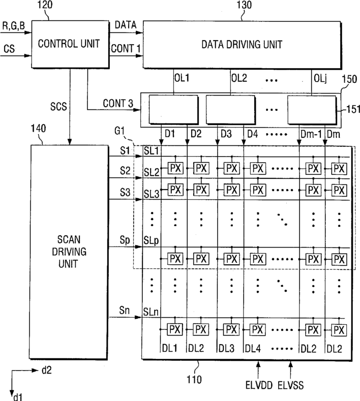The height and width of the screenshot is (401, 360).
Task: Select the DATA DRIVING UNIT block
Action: click(x=242, y=45)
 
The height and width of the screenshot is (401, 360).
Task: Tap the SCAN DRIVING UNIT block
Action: click(x=69, y=252)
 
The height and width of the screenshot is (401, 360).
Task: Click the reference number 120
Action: click(x=45, y=5)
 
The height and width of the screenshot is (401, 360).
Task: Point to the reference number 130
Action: click(x=244, y=5)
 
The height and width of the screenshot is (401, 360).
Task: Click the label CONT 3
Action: click(x=118, y=103)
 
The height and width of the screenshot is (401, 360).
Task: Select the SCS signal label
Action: click(x=58, y=106)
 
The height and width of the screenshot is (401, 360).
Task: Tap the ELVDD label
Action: click(x=259, y=385)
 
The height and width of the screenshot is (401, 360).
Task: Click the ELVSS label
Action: click(x=291, y=385)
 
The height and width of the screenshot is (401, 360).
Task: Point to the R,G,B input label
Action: click(x=14, y=26)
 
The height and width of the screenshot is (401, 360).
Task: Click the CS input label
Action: click(x=9, y=49)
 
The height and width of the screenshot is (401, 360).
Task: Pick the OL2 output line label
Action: click(x=239, y=78)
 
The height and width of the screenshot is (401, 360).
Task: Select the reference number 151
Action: click(x=353, y=109)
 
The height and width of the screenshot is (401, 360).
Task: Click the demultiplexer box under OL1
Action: click(x=173, y=109)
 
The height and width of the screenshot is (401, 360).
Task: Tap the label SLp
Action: click(x=151, y=241)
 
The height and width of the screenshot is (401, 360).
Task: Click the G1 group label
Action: click(x=119, y=131)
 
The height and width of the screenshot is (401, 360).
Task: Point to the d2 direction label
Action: click(x=47, y=370)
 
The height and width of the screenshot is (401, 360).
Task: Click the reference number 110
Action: click(x=194, y=380)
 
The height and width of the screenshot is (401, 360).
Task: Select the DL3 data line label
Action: click(x=226, y=349)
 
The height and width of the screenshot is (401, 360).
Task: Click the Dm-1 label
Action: click(x=311, y=134)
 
